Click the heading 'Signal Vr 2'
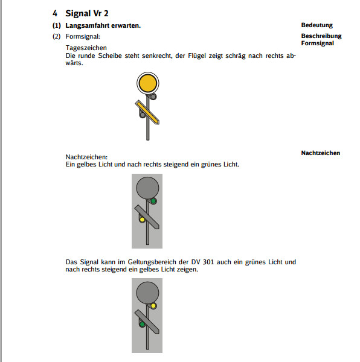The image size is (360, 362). pyautogui.click(x=87, y=13)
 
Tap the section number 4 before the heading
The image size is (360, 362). pyautogui.click(x=55, y=13)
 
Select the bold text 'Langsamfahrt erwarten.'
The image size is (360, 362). pyautogui.click(x=103, y=25)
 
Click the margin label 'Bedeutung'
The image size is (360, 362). pyautogui.click(x=317, y=25)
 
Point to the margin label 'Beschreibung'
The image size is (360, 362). pyautogui.click(x=321, y=36)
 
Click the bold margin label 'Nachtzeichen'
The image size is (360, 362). pyautogui.click(x=321, y=153)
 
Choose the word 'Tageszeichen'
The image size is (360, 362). pyautogui.click(x=86, y=48)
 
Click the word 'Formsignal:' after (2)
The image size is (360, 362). pyautogui.click(x=83, y=36)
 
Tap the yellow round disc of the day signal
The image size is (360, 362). pyautogui.click(x=147, y=83)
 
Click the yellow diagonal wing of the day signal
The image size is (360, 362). pyautogui.click(x=147, y=112)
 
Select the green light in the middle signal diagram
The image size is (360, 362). pyautogui.click(x=153, y=201)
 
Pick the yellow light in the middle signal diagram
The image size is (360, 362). pyautogui.click(x=142, y=220)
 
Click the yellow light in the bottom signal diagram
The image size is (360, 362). pyautogui.click(x=153, y=306)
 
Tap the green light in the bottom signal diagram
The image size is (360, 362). pyautogui.click(x=142, y=325)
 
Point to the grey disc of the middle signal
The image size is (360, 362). pyautogui.click(x=147, y=188)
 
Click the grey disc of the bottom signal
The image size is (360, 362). pyautogui.click(x=147, y=293)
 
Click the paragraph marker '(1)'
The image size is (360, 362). pyautogui.click(x=57, y=25)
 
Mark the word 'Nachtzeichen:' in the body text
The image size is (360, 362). pyautogui.click(x=86, y=157)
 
